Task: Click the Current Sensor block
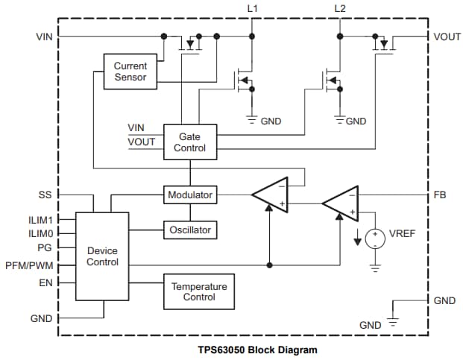(x=130, y=72)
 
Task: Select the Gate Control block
(x=190, y=142)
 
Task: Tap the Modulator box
(x=190, y=195)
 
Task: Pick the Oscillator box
(x=190, y=230)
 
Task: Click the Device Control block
(x=102, y=256)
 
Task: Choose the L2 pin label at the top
(x=340, y=8)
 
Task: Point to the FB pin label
(x=440, y=195)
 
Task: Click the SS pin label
(x=45, y=195)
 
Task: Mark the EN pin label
(x=45, y=283)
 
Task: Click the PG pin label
(x=45, y=246)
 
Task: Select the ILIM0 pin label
(x=40, y=233)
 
